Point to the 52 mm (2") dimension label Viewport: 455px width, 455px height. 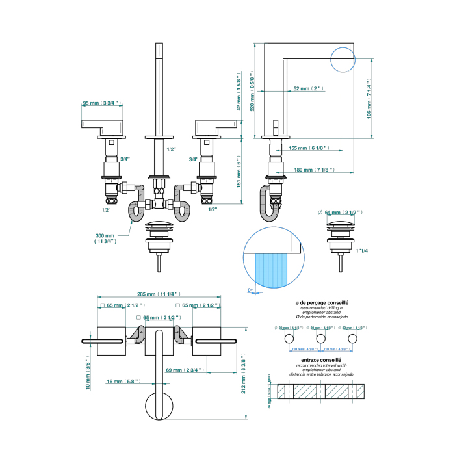[x=308, y=88]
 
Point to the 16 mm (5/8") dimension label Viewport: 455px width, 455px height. [x=121, y=382]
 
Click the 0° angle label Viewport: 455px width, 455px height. [x=250, y=290]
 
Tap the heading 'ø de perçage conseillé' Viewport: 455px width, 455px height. [x=322, y=304]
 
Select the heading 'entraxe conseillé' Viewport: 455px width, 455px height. [x=322, y=359]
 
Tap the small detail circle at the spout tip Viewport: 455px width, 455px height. [x=343, y=60]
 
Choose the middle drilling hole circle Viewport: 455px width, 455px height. [x=321, y=339]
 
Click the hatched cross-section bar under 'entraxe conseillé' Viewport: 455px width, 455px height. [x=321, y=391]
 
